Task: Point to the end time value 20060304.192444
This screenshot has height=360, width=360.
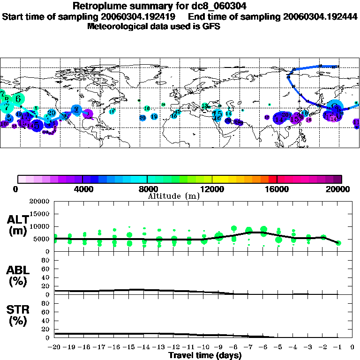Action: [x=320, y=16]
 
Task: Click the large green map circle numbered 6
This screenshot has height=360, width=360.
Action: [x=18, y=99]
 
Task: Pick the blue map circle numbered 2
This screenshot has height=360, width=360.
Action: [x=76, y=110]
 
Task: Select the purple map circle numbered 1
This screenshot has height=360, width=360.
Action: [x=88, y=113]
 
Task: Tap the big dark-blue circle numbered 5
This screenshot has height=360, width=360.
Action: [x=37, y=124]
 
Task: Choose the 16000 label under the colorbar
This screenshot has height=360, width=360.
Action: [x=277, y=189]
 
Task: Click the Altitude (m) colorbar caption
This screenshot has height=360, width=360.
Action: [x=174, y=196]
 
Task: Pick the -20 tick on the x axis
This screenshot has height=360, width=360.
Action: [x=54, y=347]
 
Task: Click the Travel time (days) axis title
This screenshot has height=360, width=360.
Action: [x=205, y=356]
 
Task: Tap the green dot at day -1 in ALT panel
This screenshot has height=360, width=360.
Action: [x=338, y=243]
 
